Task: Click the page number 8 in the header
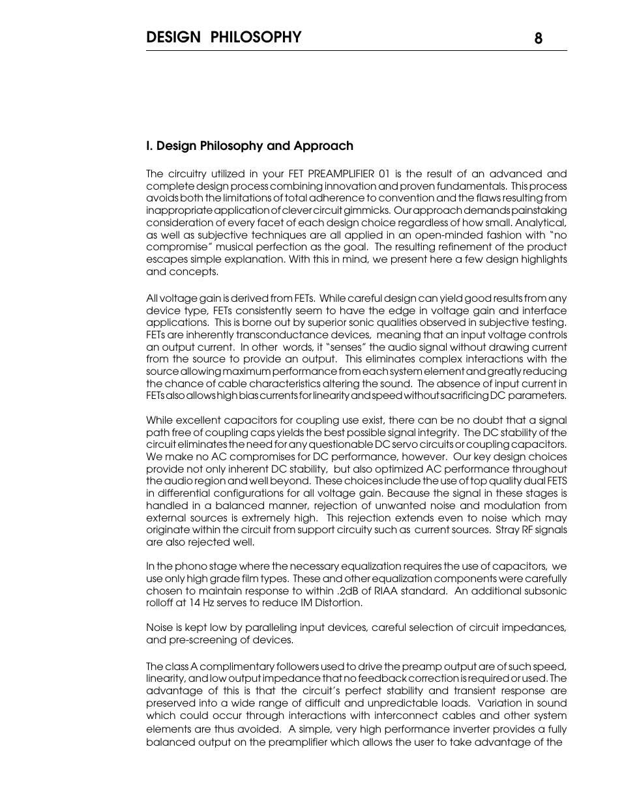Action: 538,38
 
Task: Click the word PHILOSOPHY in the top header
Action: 256,37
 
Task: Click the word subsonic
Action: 546,591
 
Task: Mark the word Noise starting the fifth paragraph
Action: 159,628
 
